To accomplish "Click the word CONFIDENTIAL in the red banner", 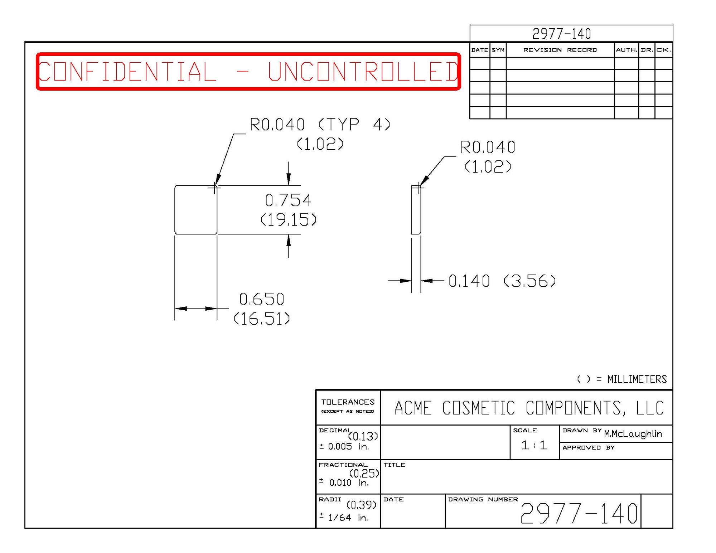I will pos(127,72).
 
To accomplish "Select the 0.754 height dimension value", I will pos(288,200).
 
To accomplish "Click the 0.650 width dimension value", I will pos(262,299).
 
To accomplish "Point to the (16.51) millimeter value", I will pos(262,319).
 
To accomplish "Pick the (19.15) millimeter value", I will pos(288,220).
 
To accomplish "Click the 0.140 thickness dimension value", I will pos(469,281).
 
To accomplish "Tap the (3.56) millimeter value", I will pos(530,281).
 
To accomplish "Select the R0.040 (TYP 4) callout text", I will pos(320,125).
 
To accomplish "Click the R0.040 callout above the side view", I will pos(488,147).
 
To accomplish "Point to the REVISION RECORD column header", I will pos(560,50).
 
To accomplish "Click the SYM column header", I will pos(498,50).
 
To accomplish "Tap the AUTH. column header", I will pos(626,50).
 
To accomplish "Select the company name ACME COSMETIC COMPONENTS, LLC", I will pos(529,408).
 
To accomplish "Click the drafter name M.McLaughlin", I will pos(633,434).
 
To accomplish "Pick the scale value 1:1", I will pos(534,445).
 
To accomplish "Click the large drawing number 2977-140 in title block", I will pos(579,514).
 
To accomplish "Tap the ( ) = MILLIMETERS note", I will pos(622,379).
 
